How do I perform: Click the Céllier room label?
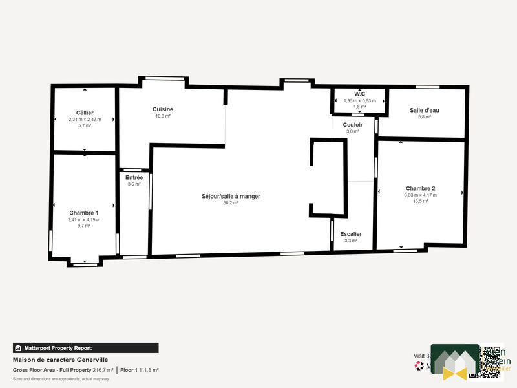[85, 113]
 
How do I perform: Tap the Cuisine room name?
[163, 109]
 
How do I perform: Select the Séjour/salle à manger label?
[231, 196]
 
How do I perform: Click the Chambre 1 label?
[84, 213]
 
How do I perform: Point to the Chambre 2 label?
[420, 188]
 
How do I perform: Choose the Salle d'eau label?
[424, 110]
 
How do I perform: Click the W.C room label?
[360, 94]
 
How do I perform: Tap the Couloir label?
[353, 124]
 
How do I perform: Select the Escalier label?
[351, 233]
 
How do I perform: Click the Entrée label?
[134, 177]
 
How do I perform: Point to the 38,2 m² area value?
[231, 203]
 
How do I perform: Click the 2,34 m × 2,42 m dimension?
[85, 120]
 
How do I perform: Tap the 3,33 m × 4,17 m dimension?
[420, 195]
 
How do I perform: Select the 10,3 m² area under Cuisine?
[163, 116]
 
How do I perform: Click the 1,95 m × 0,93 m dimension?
[360, 100]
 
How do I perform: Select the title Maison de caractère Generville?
[60, 360]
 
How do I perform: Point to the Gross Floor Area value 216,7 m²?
[103, 370]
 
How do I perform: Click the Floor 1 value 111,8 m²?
[148, 370]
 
